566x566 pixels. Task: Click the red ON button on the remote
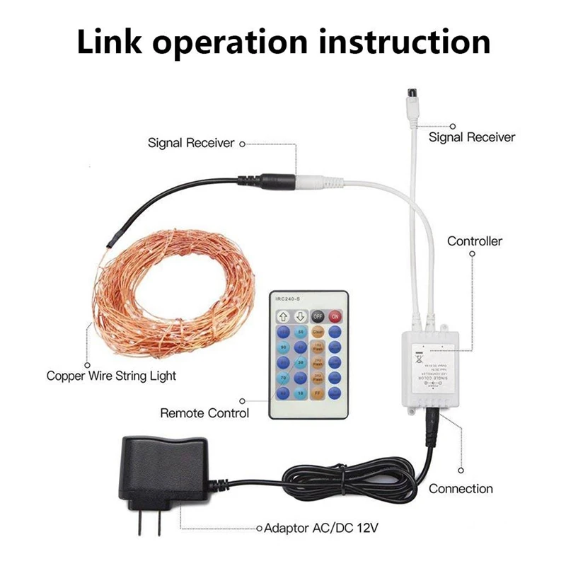coord(335,316)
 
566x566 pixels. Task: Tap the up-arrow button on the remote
coord(284,316)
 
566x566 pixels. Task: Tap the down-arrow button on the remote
coord(301,316)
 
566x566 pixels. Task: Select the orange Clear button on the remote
coord(318,333)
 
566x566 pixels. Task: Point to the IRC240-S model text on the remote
coord(289,299)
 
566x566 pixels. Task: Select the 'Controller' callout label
coord(474,241)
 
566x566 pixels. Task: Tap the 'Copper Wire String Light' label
coord(111,376)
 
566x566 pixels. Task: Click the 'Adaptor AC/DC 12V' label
coord(316,528)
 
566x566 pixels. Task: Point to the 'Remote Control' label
coord(204,412)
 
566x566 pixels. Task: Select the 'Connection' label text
coord(461,489)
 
